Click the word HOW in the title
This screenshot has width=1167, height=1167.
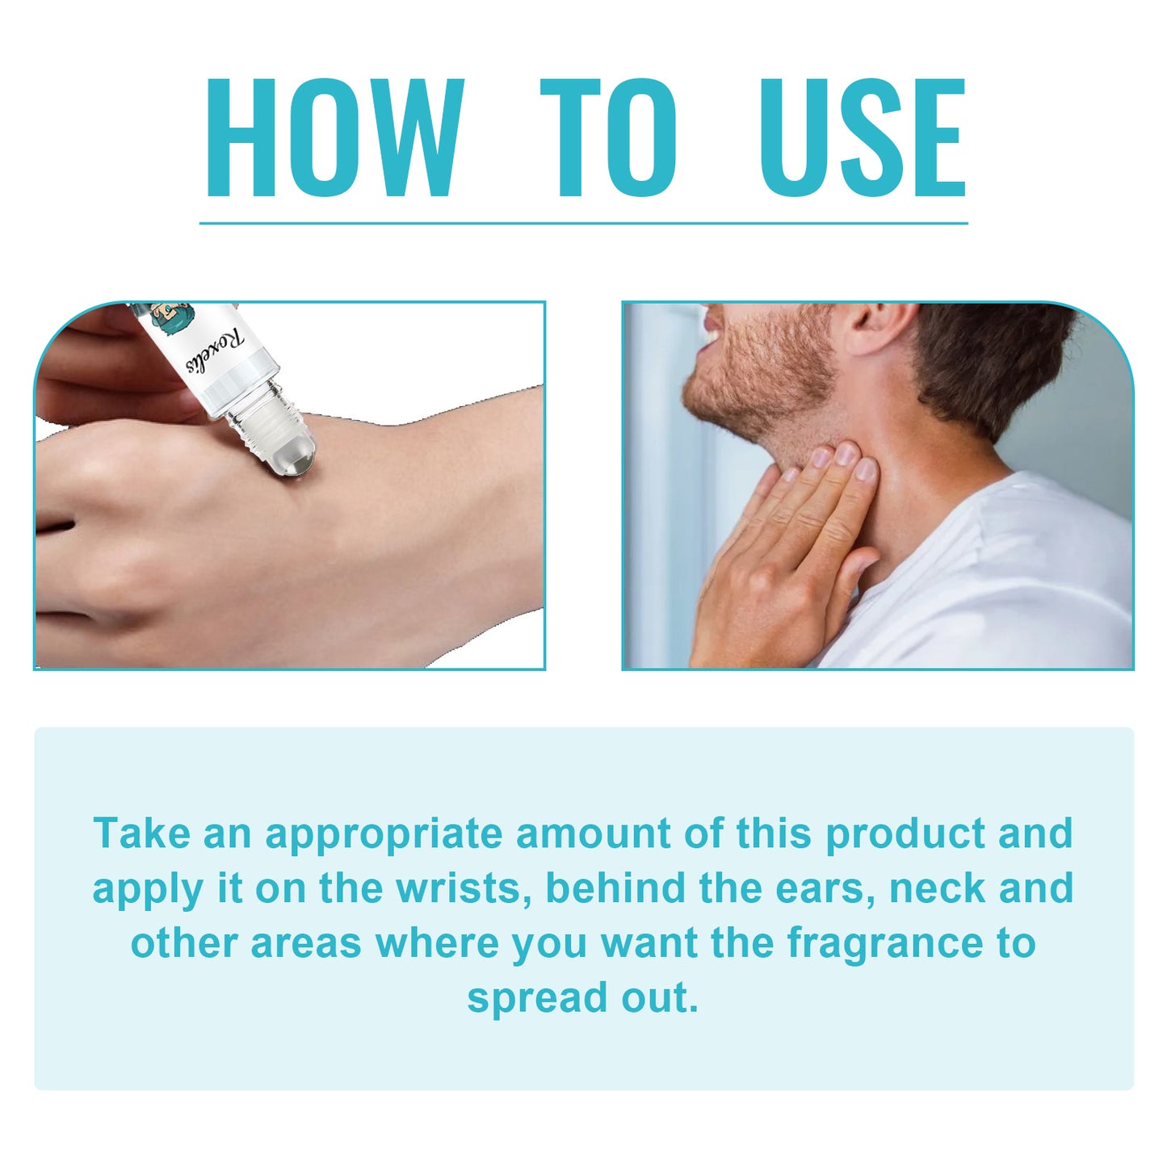pyautogui.click(x=335, y=137)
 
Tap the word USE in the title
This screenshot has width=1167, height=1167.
pyautogui.click(x=862, y=137)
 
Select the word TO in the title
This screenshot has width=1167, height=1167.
pyautogui.click(x=608, y=137)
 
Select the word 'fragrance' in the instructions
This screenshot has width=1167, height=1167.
pyautogui.click(x=885, y=943)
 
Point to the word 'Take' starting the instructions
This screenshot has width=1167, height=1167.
pyautogui.click(x=141, y=833)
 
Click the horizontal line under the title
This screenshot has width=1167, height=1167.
pyautogui.click(x=584, y=224)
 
